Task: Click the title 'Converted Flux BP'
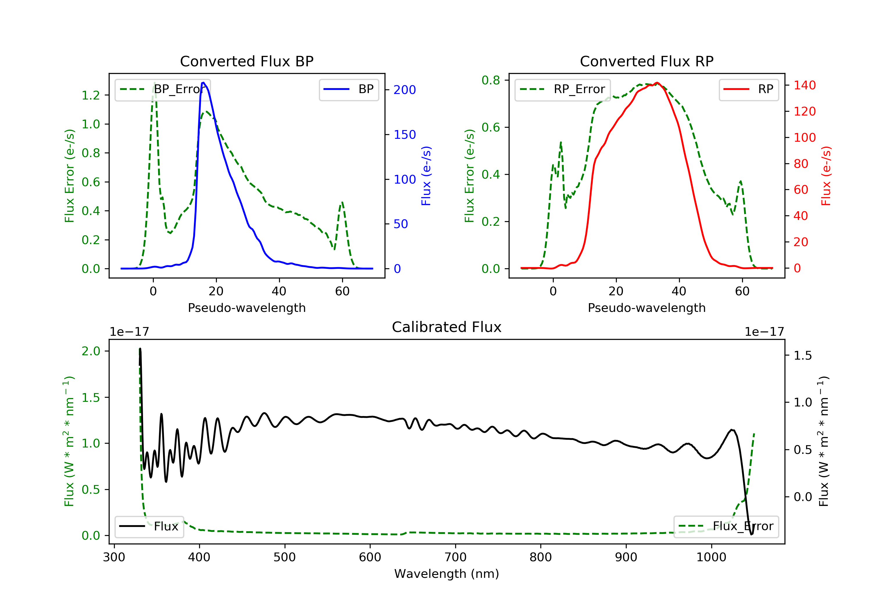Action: tap(246, 61)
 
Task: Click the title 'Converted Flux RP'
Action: tap(646, 61)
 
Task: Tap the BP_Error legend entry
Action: tap(162, 89)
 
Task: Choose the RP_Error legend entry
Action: tap(562, 89)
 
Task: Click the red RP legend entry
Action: tap(748, 89)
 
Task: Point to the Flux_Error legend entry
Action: tap(726, 526)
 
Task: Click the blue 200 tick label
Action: tap(405, 90)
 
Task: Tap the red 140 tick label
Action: tap(804, 85)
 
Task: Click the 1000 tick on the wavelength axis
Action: tap(711, 557)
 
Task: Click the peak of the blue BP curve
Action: tap(203, 83)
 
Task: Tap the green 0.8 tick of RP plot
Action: tap(491, 80)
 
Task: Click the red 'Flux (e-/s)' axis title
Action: tap(826, 176)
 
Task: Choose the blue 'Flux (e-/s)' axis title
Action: tap(426, 176)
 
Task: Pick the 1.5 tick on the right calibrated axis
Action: tap(803, 356)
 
